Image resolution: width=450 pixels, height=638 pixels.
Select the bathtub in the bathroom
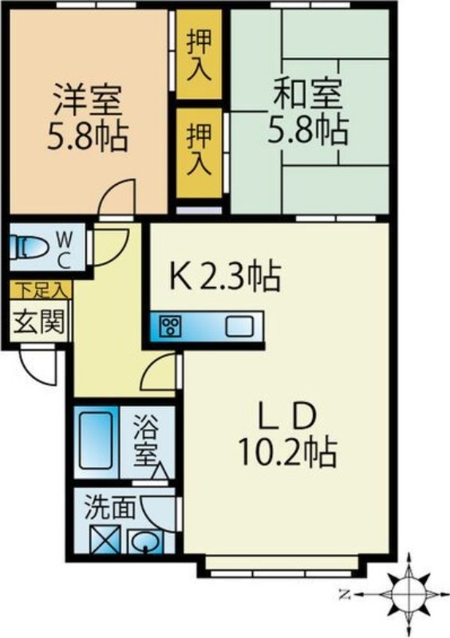96,441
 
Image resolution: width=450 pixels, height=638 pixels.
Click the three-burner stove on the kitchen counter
169,326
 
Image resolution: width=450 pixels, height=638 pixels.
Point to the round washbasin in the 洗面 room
145,542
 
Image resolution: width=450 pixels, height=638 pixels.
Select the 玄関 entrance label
39,322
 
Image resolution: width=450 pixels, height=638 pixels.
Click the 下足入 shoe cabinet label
41,290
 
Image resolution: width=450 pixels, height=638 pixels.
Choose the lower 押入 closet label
199,149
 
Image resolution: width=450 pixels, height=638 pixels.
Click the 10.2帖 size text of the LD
287,452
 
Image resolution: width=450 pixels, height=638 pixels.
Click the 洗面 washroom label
109,508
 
